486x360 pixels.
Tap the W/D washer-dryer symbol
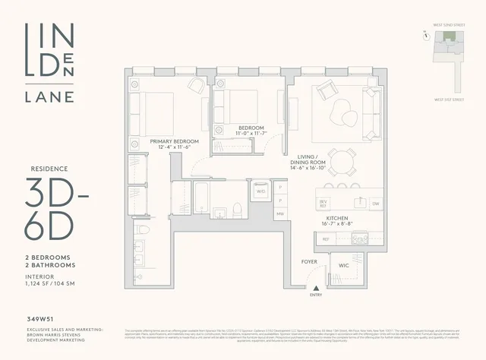[x=260, y=191]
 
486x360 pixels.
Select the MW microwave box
[x=280, y=214]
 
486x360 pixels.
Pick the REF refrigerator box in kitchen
[x=326, y=238]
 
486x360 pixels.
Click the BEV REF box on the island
[x=322, y=203]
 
